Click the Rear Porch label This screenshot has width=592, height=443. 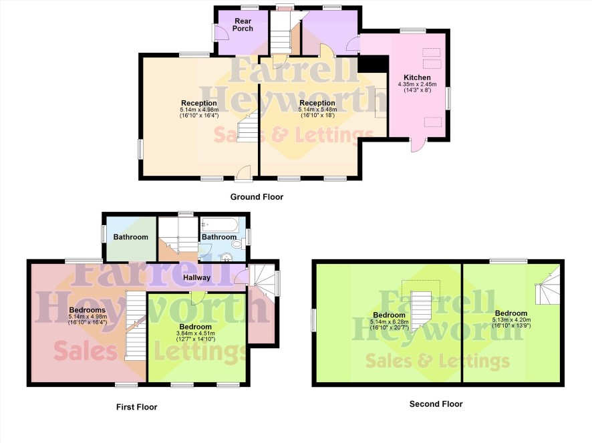(243, 25)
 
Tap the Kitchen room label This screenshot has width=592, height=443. (417, 78)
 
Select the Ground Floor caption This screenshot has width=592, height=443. (257, 196)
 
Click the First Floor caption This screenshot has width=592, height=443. (137, 407)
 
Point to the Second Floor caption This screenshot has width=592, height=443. (436, 404)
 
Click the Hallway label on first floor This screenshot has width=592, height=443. (196, 277)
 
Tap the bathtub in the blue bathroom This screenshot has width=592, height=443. (219, 225)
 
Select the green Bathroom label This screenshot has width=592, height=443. (131, 237)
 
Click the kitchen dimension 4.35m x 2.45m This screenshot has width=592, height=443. (417, 84)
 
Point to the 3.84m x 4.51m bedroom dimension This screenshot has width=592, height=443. (196, 333)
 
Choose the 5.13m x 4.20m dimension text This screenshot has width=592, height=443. (511, 320)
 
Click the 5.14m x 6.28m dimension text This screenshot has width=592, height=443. (390, 322)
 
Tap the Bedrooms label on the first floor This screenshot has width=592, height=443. (88, 310)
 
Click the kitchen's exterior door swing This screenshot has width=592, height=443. (418, 146)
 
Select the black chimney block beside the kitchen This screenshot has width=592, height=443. (373, 63)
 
